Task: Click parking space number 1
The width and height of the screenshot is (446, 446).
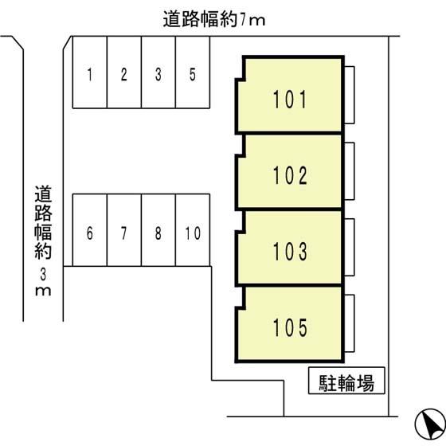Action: click(x=90, y=72)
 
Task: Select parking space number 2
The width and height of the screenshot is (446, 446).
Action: click(x=124, y=72)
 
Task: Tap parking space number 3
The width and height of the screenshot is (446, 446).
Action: click(x=158, y=72)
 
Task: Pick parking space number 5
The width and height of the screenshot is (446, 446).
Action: click(x=193, y=72)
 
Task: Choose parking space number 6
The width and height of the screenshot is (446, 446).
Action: click(x=90, y=230)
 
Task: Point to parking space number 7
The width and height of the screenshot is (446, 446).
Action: click(x=124, y=230)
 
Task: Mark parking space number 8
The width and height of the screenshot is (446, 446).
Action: click(x=158, y=230)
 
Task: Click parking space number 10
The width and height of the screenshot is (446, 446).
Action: click(x=193, y=230)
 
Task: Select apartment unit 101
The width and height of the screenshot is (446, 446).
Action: click(x=290, y=95)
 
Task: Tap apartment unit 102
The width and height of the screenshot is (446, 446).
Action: click(x=290, y=171)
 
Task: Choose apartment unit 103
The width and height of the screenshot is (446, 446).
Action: click(x=290, y=248)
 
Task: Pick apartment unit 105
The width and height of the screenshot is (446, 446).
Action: click(x=290, y=324)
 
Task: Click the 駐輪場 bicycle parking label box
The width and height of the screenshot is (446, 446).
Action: click(x=346, y=381)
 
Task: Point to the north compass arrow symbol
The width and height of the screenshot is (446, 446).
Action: click(x=430, y=424)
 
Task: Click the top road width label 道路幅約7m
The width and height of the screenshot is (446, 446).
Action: click(x=214, y=20)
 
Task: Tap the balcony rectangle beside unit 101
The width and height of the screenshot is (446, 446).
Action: click(x=350, y=95)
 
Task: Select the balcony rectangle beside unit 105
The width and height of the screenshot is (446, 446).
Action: click(x=350, y=323)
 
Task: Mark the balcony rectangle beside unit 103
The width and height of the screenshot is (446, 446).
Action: click(x=350, y=247)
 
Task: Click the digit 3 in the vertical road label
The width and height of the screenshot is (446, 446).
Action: click(x=43, y=275)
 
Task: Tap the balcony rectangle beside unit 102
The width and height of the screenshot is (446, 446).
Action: click(x=350, y=171)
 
